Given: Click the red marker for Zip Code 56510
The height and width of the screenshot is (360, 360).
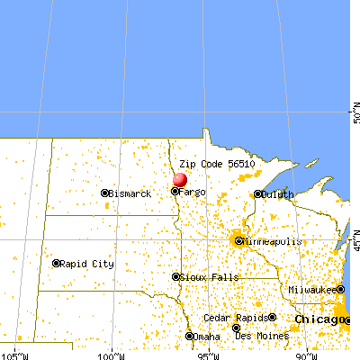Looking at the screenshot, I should [180, 180].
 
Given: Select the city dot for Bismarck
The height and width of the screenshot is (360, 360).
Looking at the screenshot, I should [105, 193].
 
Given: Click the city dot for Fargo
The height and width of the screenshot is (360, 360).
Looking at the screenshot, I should [175, 191].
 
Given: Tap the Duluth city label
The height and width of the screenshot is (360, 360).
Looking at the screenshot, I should [279, 194].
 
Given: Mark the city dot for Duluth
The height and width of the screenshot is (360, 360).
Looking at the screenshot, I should [258, 194].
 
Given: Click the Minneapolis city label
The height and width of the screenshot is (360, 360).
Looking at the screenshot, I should [271, 241].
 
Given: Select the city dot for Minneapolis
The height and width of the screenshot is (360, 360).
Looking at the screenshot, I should [238, 240].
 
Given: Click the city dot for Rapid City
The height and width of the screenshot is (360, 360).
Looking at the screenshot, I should [57, 264].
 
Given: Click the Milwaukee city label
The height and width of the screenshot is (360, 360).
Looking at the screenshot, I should [312, 290].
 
